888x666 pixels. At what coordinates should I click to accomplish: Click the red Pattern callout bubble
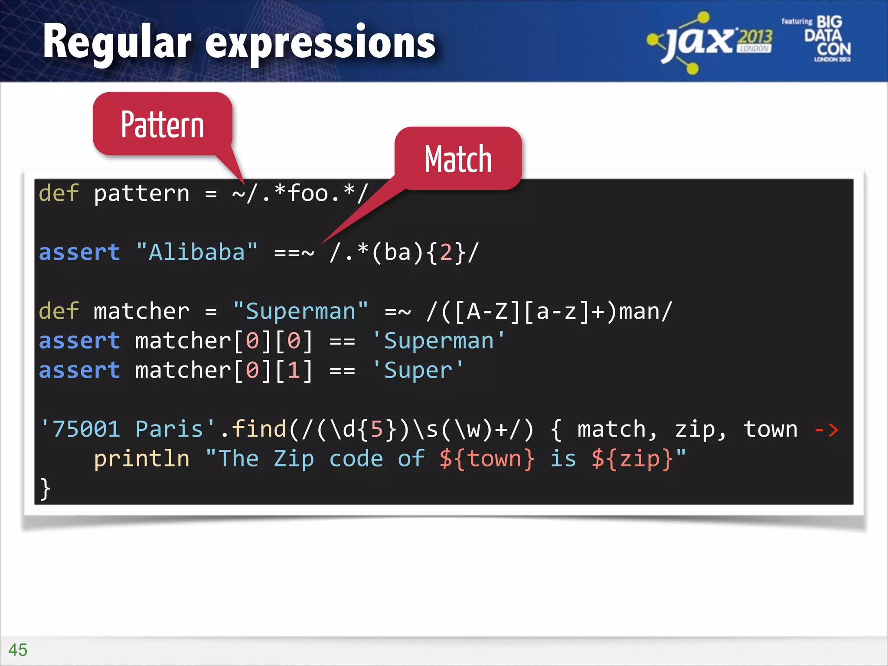(163, 124)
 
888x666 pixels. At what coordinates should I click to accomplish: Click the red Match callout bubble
(458, 159)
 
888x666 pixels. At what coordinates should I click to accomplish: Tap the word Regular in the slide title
(117, 42)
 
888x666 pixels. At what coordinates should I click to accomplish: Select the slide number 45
(18, 650)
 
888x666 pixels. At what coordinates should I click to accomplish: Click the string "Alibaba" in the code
(197, 252)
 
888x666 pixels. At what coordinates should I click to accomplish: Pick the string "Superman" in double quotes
(300, 311)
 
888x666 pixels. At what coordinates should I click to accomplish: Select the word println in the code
(142, 459)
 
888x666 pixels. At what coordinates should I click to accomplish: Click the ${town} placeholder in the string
(487, 459)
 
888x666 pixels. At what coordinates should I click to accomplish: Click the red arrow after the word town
(826, 430)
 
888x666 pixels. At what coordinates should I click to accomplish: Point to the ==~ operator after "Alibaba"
(294, 252)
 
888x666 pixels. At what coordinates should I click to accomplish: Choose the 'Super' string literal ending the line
(418, 371)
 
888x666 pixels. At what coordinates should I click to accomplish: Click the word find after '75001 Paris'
(259, 429)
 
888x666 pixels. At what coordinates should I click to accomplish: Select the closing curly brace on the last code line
(45, 489)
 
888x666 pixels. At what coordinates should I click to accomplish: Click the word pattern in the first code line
(142, 193)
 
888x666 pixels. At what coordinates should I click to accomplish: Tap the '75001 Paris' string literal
(127, 429)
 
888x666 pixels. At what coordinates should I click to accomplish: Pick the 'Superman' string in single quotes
(439, 341)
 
